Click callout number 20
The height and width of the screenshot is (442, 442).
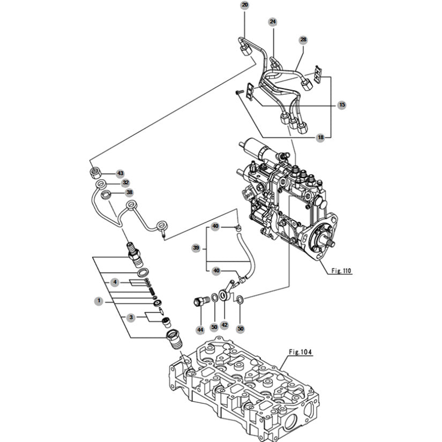point(245,5)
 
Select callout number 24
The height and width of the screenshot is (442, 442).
point(273,22)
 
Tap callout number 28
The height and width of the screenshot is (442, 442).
point(303,40)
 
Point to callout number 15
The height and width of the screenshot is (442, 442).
point(342,105)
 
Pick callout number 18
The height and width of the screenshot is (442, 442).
point(320,138)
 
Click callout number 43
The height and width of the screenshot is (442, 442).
point(121,174)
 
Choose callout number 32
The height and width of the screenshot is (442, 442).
point(126,183)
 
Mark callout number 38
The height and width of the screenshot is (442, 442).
point(130,192)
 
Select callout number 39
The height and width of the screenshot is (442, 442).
point(196,248)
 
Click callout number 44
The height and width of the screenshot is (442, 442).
point(200,329)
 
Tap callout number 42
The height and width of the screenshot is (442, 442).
point(224,325)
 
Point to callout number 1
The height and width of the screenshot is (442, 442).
point(99,301)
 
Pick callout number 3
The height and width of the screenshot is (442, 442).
point(131,318)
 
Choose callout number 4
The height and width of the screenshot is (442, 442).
point(115,282)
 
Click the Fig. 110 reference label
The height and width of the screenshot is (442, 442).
point(341,271)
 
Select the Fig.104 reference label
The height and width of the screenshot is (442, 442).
point(300,352)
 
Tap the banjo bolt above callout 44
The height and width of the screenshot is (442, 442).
point(201,301)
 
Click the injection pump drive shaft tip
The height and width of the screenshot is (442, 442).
point(333,243)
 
